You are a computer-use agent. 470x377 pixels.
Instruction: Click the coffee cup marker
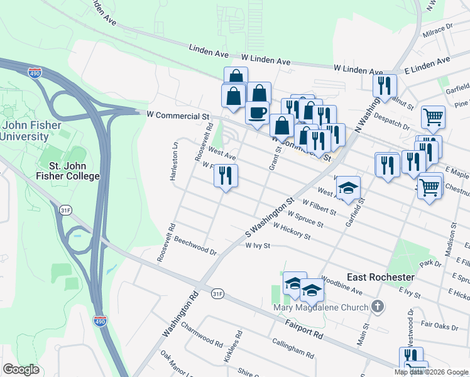point(257,113)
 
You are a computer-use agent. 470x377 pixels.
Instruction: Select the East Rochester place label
point(381,277)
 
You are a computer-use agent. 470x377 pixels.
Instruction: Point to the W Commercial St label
point(177,116)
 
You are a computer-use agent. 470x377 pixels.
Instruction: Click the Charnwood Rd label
point(202,335)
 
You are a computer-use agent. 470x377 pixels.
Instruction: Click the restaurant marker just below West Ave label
point(226,175)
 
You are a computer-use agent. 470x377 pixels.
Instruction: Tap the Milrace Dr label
point(438,29)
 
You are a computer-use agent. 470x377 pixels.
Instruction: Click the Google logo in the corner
point(21,369)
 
